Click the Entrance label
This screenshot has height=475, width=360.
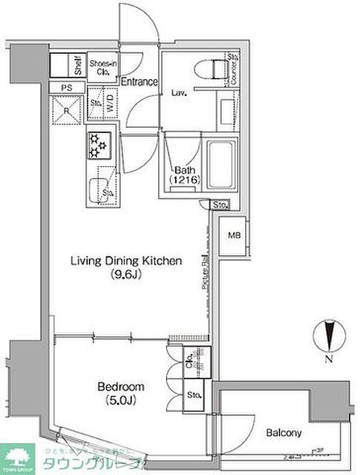(x=139, y=81)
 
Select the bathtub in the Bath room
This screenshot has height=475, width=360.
(x=221, y=164)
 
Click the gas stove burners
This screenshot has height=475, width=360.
(x=98, y=143)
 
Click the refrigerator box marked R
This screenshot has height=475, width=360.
(x=66, y=110)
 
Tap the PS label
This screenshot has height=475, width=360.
(x=66, y=88)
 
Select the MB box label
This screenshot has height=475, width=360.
(x=234, y=236)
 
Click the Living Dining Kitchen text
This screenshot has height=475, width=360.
(x=126, y=261)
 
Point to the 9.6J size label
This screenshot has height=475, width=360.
(x=126, y=274)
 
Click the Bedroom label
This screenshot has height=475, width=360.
(x=121, y=386)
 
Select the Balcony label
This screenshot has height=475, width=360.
(x=284, y=433)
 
